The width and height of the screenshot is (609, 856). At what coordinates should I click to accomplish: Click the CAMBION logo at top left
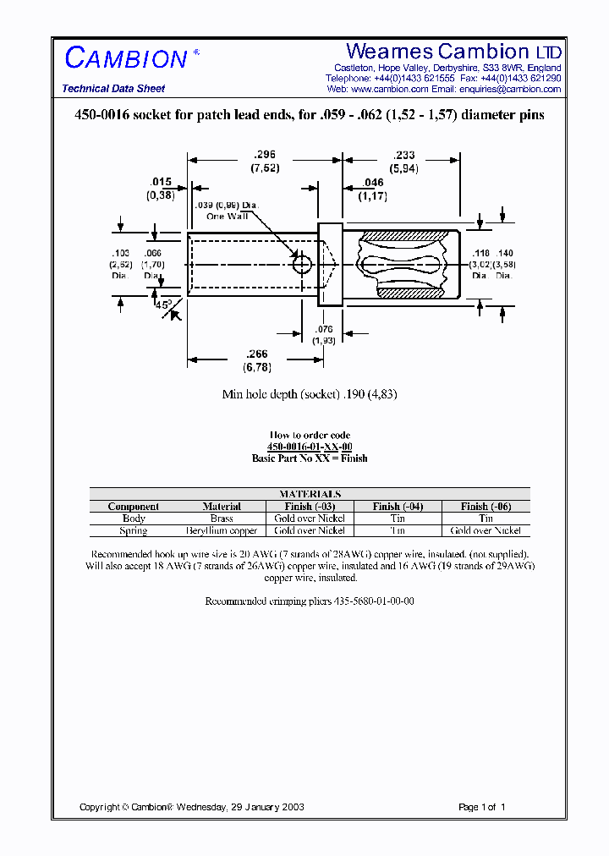click(127, 58)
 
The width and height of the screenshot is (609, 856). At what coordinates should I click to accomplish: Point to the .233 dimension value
click(403, 155)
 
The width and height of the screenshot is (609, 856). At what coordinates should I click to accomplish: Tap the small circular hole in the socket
click(301, 265)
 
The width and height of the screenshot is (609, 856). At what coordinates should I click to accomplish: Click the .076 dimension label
click(324, 329)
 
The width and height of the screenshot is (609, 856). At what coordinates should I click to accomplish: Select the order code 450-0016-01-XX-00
click(310, 447)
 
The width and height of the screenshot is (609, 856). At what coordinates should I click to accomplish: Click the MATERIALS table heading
click(310, 494)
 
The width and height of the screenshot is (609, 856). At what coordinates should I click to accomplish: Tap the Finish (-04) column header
click(398, 507)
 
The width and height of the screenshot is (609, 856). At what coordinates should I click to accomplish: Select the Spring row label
click(134, 530)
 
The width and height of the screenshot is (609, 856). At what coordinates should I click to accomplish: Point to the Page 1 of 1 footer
click(481, 807)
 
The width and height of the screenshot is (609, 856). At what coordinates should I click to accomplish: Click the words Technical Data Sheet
click(113, 89)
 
